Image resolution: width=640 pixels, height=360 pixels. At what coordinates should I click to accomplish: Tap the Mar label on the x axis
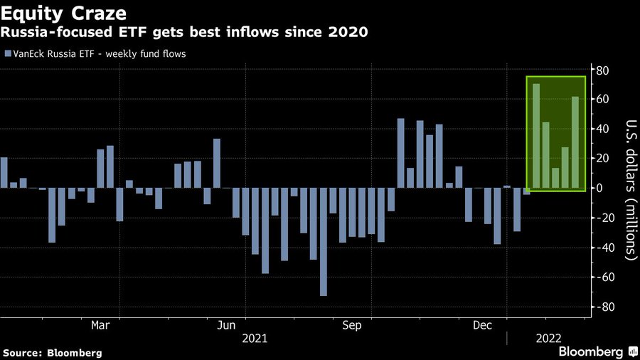pos(101,326)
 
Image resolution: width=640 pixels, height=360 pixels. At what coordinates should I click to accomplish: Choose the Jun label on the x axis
pos(226,326)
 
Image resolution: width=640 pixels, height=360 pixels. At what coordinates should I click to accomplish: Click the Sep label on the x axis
pos(352,326)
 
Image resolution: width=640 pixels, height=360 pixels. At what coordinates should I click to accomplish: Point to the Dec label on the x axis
pos(484,326)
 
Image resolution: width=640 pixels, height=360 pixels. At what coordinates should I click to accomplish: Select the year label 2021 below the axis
pos(255,339)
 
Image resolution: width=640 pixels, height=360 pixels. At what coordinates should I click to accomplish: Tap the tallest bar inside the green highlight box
pos(536,136)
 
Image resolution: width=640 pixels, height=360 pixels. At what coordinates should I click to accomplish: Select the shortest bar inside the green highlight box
pos(555,178)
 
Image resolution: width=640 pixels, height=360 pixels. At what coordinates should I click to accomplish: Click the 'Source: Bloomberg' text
pos(53,352)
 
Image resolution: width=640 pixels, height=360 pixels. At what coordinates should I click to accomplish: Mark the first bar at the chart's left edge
pos(4,173)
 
